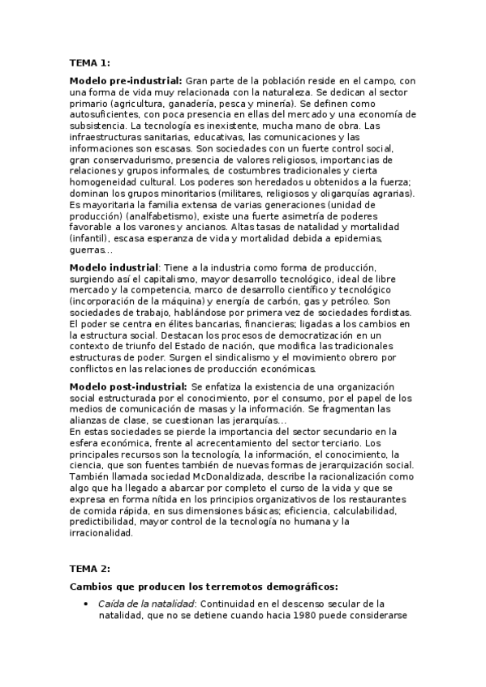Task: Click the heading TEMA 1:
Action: [x=89, y=62]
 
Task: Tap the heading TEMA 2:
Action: [x=89, y=569]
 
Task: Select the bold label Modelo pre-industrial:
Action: [x=126, y=81]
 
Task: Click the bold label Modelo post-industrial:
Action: [x=128, y=386]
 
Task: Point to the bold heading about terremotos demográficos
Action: [x=204, y=586]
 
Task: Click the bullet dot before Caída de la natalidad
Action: [x=86, y=604]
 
